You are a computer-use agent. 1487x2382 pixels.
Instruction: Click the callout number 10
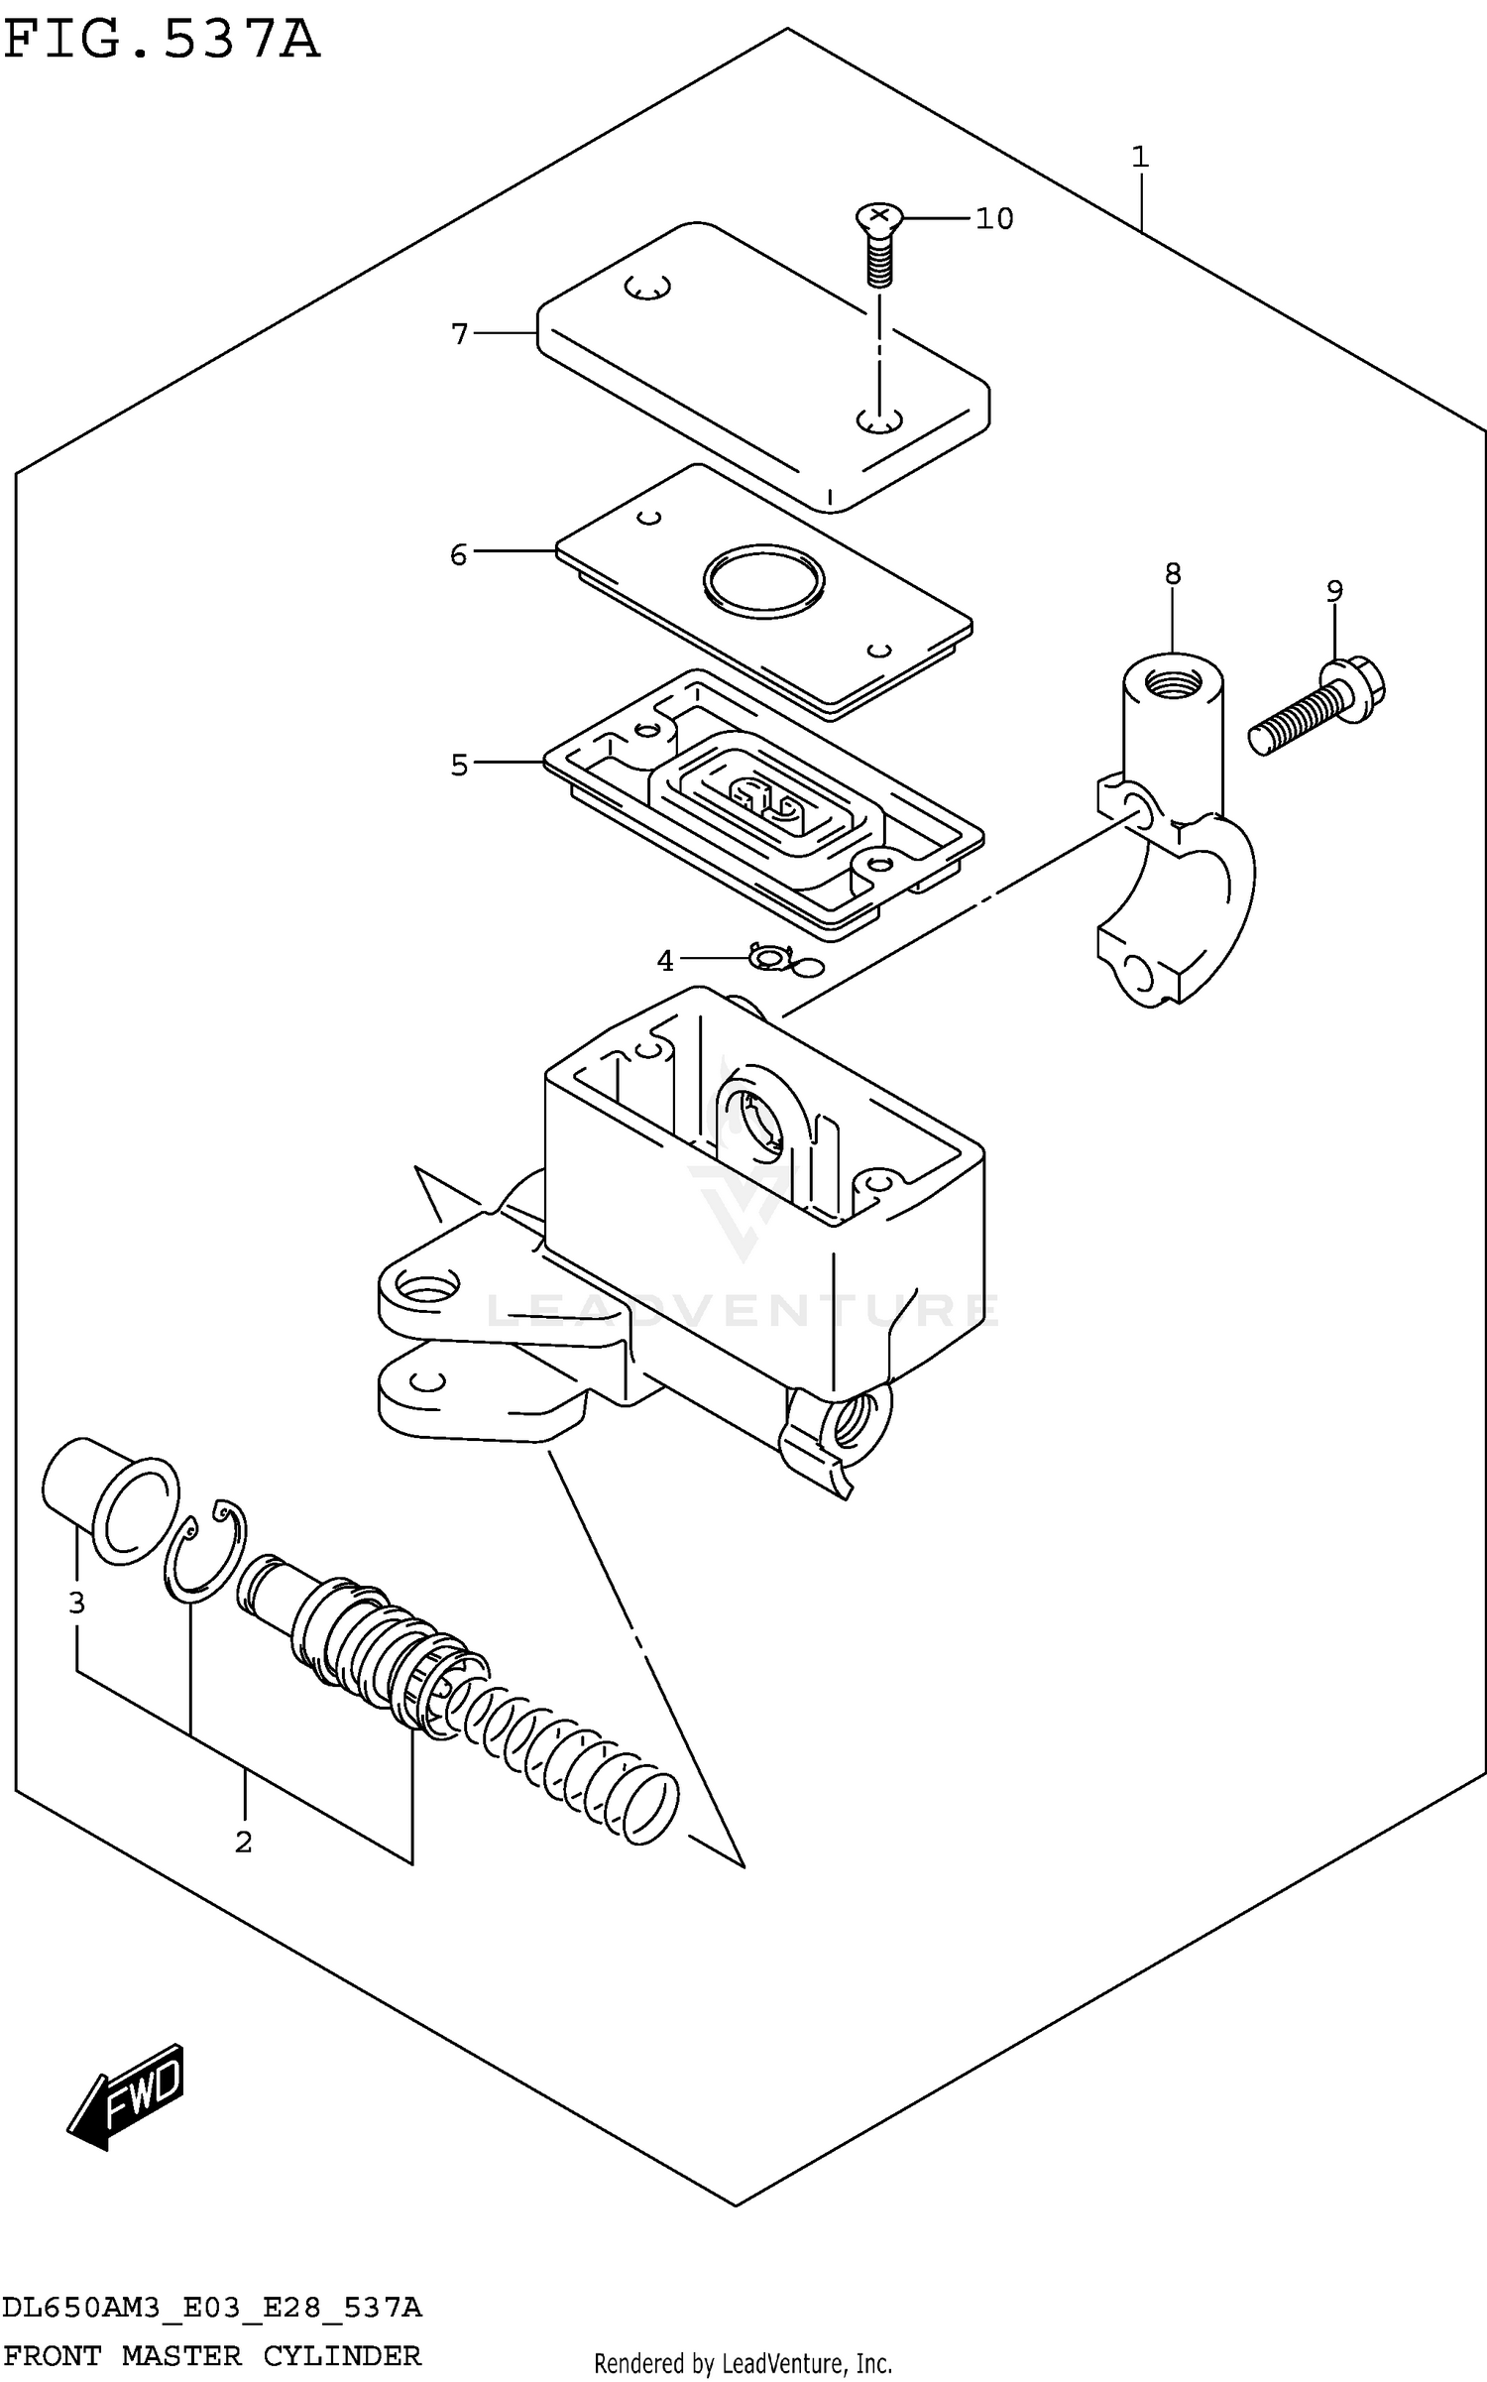click(993, 218)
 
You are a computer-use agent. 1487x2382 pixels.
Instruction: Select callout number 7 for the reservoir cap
click(459, 334)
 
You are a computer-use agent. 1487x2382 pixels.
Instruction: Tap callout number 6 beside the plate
click(458, 554)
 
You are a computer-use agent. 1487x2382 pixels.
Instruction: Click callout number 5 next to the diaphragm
click(458, 765)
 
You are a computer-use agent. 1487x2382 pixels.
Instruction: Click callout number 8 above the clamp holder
click(1173, 573)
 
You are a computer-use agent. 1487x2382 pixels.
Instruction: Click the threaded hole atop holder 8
click(1172, 681)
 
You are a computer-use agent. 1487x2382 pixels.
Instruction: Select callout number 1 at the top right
click(1140, 157)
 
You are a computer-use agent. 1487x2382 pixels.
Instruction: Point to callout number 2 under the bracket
click(243, 1842)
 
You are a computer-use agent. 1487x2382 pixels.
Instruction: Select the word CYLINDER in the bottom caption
click(342, 2354)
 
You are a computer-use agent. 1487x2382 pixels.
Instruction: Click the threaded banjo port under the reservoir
click(851, 1422)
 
